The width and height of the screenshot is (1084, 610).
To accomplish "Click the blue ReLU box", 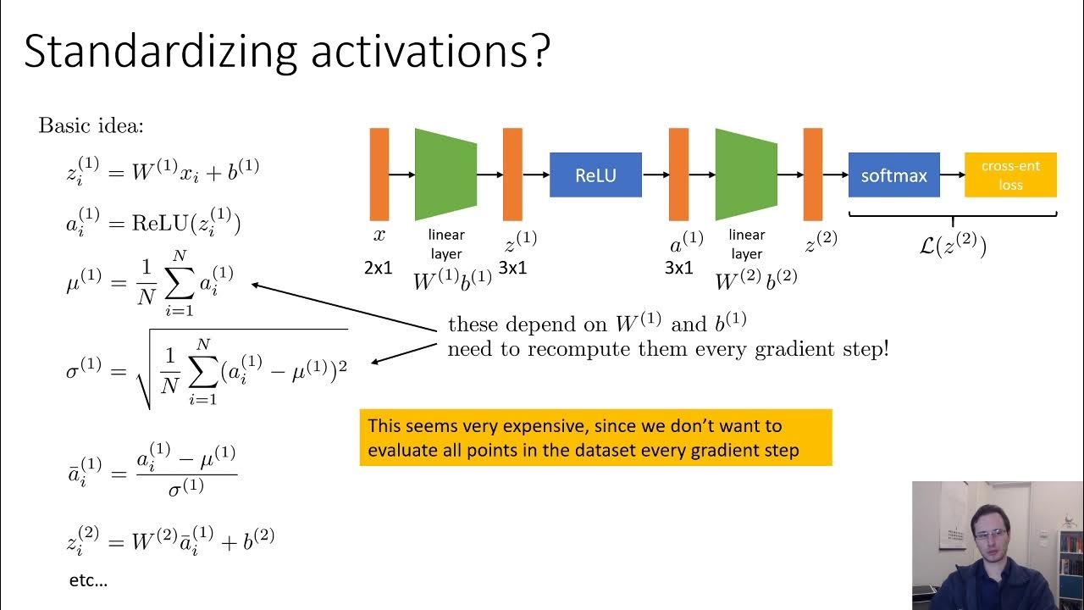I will [595, 175].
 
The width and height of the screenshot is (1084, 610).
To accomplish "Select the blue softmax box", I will [893, 175].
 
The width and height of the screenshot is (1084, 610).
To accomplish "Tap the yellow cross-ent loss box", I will [1010, 175].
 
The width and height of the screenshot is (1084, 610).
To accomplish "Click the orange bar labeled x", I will [379, 174].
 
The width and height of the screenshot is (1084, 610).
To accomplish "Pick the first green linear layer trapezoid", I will [445, 174].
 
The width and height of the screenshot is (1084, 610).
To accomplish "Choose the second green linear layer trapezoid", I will [746, 174].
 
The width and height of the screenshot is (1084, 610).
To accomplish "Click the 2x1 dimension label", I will [379, 268].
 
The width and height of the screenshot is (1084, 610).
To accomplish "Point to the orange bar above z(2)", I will [813, 174].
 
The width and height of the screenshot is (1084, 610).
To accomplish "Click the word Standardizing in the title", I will [160, 53].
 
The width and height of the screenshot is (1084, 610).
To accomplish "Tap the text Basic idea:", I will [91, 127].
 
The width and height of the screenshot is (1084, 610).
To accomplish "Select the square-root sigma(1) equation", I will [207, 370].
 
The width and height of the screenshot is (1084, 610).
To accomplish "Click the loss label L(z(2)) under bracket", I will [953, 247].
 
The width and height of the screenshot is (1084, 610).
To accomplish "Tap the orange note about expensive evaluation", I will [595, 437].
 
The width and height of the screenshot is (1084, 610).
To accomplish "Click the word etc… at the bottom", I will [88, 581].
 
